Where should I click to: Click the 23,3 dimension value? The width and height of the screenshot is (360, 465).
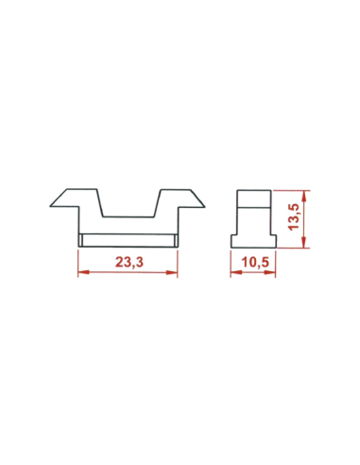pyautogui.click(x=126, y=263)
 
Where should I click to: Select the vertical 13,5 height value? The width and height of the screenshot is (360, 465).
pyautogui.click(x=294, y=218)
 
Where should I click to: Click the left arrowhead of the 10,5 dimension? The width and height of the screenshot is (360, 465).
pyautogui.click(x=234, y=273)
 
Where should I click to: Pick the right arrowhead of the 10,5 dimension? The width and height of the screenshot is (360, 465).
pyautogui.click(x=271, y=273)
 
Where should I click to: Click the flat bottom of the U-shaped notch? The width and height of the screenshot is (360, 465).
pyautogui.click(x=127, y=213)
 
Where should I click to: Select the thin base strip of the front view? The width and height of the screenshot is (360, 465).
pyautogui.click(x=127, y=240)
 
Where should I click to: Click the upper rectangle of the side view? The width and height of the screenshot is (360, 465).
pyautogui.click(x=252, y=198)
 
